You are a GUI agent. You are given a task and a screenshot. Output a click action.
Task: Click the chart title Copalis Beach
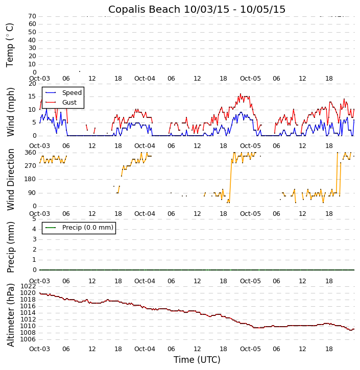tap(197, 9)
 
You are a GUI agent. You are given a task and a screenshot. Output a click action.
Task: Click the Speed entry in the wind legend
tap(71, 93)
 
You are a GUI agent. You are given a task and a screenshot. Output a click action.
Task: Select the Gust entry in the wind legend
tap(69, 103)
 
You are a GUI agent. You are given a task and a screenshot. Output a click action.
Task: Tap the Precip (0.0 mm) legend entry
tap(87, 228)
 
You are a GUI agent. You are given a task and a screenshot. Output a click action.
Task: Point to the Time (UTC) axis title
tap(197, 360)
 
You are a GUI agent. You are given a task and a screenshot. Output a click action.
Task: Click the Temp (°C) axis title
tap(10, 44)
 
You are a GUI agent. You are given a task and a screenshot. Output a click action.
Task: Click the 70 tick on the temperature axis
tap(32, 16)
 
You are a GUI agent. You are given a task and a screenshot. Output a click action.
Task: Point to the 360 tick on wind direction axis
tap(30, 153)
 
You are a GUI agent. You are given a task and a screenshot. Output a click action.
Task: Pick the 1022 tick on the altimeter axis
tap(28, 286)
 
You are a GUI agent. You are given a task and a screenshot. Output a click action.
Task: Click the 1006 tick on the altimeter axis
tap(28, 339)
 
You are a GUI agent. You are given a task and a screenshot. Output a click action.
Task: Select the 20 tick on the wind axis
tap(32, 84)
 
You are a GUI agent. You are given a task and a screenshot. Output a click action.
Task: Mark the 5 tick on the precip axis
tap(34, 219)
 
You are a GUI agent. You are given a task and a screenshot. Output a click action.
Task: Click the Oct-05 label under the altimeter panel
tap(250, 349)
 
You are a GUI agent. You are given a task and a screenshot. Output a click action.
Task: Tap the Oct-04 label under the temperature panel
tap(145, 79)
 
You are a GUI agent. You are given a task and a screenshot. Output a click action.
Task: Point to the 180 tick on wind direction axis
tap(30, 179)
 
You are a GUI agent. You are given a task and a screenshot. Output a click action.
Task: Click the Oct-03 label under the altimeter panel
tap(39, 349)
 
